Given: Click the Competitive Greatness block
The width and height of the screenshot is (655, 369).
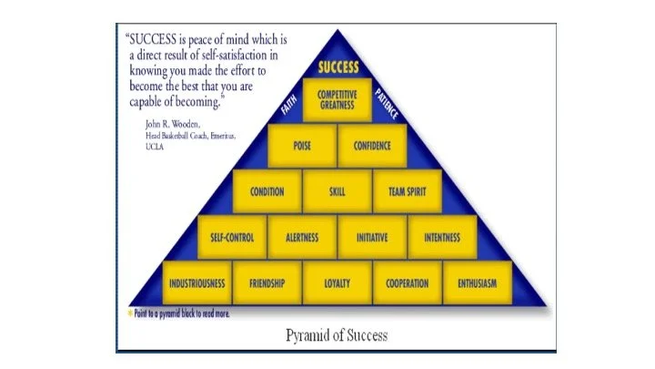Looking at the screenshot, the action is [338, 99].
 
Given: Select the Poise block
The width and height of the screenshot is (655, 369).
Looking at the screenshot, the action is [302, 145].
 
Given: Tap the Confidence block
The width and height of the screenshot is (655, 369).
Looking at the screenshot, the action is [373, 145].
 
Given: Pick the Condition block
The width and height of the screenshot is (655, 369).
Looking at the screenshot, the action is [267, 192].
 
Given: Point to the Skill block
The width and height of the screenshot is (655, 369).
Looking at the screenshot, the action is [337, 192].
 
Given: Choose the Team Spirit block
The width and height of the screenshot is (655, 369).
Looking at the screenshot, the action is [408, 192].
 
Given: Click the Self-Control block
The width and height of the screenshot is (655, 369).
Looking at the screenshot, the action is [232, 238].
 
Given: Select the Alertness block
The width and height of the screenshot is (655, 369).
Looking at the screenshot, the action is [301, 238].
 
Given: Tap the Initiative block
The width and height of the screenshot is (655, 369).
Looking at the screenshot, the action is [372, 238].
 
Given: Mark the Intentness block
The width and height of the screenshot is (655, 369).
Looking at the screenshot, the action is [442, 238].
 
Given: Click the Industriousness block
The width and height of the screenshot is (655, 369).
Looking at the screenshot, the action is [196, 283].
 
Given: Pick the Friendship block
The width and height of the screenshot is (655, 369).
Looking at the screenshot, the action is [267, 283].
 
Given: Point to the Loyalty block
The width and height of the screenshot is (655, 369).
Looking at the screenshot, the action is [337, 283].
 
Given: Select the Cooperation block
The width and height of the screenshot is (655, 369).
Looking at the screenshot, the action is [407, 283].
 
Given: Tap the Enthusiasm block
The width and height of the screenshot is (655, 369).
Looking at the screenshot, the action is [478, 283].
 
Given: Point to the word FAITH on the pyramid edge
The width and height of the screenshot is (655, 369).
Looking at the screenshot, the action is [288, 107].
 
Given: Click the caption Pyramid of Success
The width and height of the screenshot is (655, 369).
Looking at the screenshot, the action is [336, 334].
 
